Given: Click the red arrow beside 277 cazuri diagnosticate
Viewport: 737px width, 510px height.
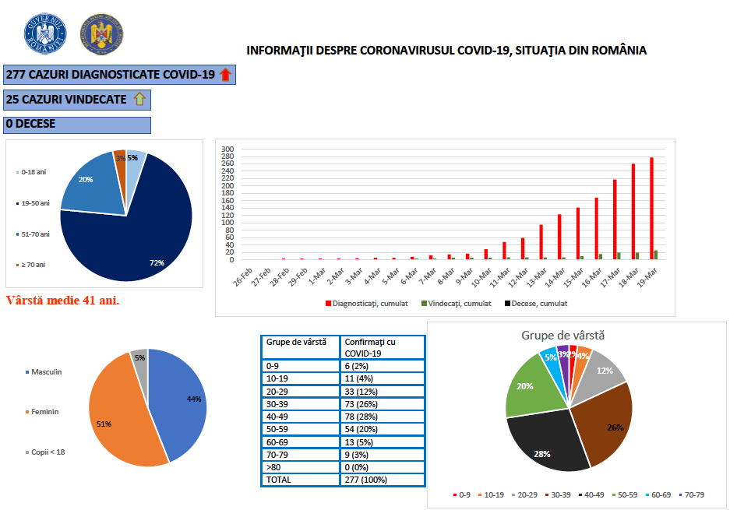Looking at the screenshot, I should coord(226,75).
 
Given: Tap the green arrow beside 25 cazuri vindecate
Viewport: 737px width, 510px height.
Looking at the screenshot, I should coord(139,99).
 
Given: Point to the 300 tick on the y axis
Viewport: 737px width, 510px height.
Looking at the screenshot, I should coord(227,149).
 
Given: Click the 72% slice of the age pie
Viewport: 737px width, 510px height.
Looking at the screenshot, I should coord(132,234).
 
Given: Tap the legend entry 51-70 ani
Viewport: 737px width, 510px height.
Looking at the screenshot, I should coord(32,234).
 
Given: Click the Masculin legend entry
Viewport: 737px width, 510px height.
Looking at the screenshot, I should coord(44,371).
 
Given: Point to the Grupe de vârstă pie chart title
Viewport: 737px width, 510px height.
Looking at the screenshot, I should coord(562,336).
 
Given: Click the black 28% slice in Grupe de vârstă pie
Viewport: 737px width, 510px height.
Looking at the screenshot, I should coord(545,444).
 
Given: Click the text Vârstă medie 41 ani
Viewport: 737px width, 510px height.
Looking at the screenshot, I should coord(62,300).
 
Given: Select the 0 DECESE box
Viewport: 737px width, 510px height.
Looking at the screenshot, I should coord(77,124).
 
